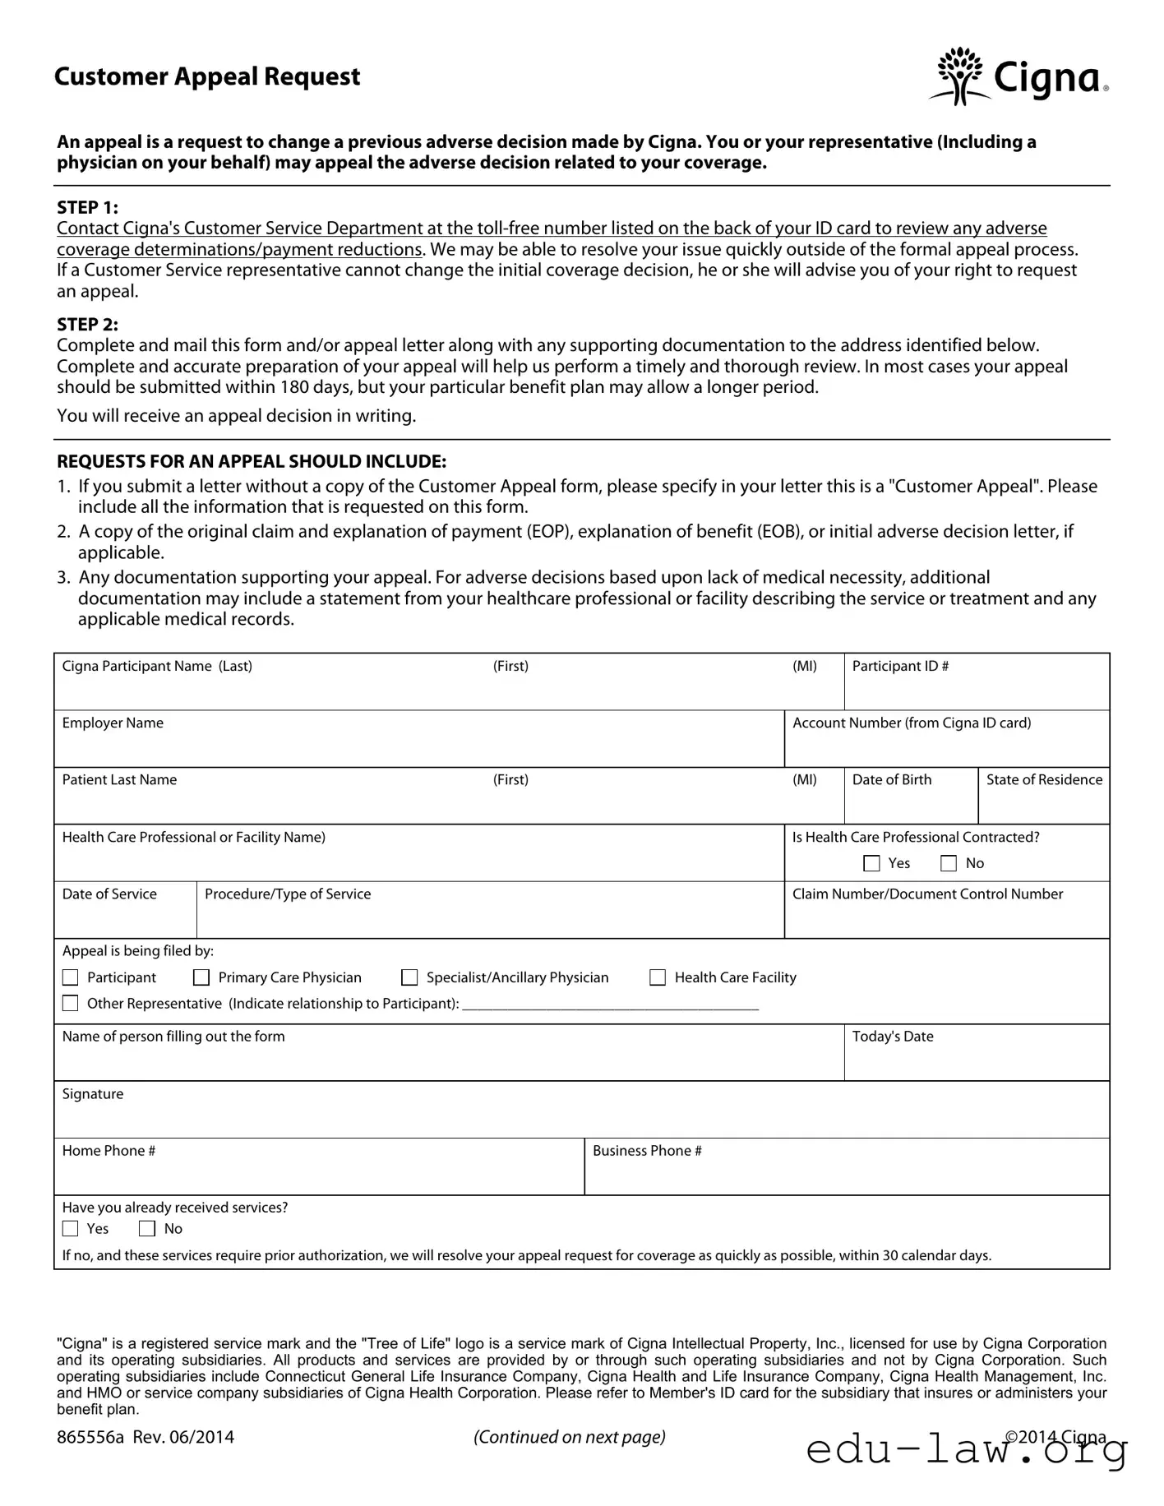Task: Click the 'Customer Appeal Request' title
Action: point(207,76)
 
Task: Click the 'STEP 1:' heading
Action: point(87,207)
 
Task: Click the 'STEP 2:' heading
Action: point(87,324)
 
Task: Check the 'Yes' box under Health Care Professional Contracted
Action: point(871,863)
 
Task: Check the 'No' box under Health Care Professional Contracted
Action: point(949,863)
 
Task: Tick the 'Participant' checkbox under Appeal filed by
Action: point(71,977)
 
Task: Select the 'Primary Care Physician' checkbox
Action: point(201,977)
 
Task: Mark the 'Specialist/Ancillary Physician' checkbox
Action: point(409,977)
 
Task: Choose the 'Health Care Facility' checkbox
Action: point(658,977)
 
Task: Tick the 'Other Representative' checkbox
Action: point(71,1004)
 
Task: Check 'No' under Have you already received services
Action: point(147,1229)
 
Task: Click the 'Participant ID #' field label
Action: point(900,666)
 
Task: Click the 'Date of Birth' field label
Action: point(892,779)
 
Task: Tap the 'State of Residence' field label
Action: point(1044,779)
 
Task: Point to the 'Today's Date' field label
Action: point(893,1037)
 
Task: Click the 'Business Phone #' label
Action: point(647,1151)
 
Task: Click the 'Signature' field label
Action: point(93,1094)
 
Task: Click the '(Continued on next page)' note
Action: point(570,1437)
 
